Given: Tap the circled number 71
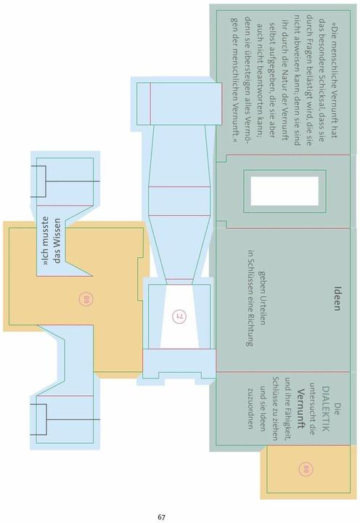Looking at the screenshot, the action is [179, 316].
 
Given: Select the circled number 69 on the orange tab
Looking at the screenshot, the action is [306, 469].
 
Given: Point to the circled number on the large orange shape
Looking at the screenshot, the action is [86, 299].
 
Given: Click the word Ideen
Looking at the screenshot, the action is [337, 299].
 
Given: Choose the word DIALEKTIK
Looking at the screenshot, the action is [326, 409].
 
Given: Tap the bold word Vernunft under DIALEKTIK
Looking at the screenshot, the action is [302, 408].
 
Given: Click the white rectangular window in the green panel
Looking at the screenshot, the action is [285, 191].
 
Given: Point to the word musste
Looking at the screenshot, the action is [46, 231].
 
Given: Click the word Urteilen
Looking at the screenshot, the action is [262, 309].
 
